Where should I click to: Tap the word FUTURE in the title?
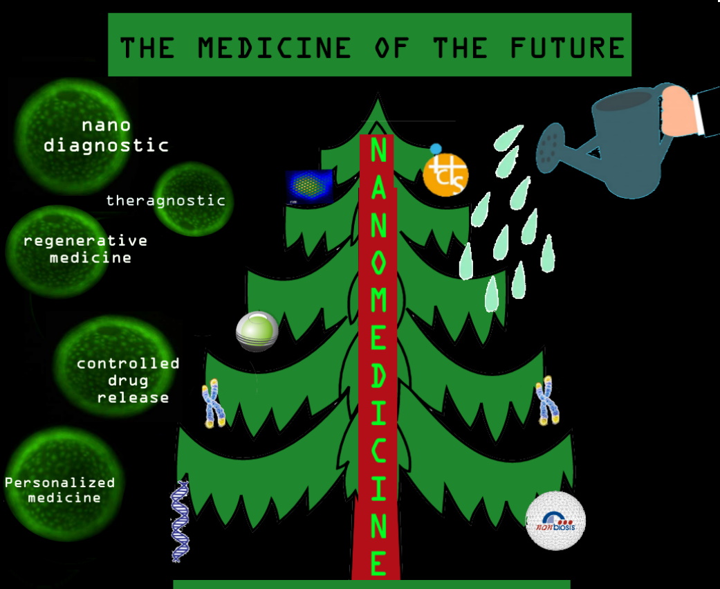[x=567, y=48]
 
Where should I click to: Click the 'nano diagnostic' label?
[x=106, y=136]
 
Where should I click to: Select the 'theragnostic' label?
[x=166, y=201]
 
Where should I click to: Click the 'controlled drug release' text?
[x=128, y=380]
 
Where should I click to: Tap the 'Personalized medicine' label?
[x=60, y=490]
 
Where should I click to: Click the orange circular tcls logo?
[x=446, y=174]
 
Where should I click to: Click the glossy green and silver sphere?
[x=257, y=332]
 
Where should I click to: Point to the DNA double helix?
[x=180, y=520]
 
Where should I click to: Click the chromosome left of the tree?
[x=213, y=405]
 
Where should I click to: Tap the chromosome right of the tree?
[x=548, y=400]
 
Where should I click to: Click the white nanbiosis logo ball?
[x=555, y=520]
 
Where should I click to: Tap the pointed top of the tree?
[x=378, y=104]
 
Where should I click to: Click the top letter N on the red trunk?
[x=378, y=151]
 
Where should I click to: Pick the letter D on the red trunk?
[x=378, y=374]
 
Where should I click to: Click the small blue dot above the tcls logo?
[x=436, y=149]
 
